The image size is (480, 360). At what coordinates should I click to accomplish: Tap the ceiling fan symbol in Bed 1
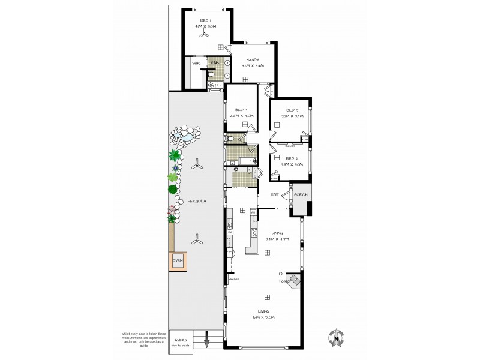point(204,35)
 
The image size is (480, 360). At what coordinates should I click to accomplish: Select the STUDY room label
point(252,59)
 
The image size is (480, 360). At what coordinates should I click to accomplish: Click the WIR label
point(196,63)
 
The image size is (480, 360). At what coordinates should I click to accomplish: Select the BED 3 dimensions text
point(292,117)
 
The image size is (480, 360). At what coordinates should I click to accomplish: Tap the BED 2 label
point(292,158)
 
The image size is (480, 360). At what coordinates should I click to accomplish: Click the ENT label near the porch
point(275,194)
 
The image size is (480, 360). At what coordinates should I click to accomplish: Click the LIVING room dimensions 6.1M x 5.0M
point(265,318)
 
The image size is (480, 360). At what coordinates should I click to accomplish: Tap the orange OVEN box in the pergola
point(178,262)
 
